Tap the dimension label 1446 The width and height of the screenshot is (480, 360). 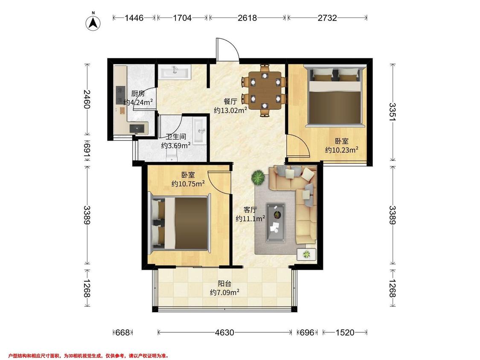134,18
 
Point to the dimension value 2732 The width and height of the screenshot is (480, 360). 327,18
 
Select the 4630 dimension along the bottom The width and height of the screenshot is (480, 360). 225,332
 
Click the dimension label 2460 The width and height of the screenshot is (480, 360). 87,99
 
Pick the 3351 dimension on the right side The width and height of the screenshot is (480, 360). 393,112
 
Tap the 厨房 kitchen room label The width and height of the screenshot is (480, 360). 138,93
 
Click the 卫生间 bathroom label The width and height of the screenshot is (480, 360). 176,137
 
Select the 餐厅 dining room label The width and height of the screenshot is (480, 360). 230,102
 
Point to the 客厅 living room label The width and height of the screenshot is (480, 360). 250,210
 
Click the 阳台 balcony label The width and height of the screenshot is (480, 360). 224,284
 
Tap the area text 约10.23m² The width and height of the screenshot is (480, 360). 342,150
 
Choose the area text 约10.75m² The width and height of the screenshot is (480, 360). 188,184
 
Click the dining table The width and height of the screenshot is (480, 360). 265,90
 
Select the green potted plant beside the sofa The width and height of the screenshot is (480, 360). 258,177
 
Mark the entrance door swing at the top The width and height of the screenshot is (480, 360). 227,49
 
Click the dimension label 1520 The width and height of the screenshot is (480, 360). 345,332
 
